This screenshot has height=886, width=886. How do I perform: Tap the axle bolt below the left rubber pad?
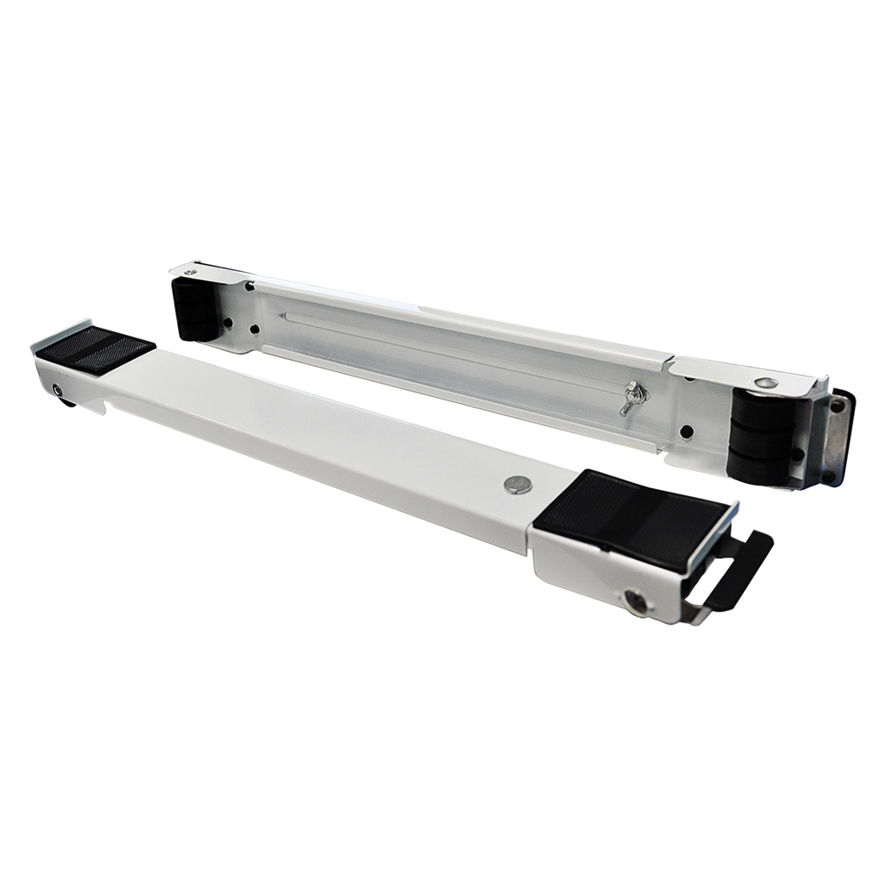coord(58,391)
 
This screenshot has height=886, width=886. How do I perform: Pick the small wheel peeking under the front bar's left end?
coord(66,403)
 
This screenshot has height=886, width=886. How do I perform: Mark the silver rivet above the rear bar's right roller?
coord(767,383)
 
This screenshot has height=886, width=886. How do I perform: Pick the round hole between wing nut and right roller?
coord(687,431)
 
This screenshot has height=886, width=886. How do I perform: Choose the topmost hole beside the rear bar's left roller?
coord(251,286)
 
